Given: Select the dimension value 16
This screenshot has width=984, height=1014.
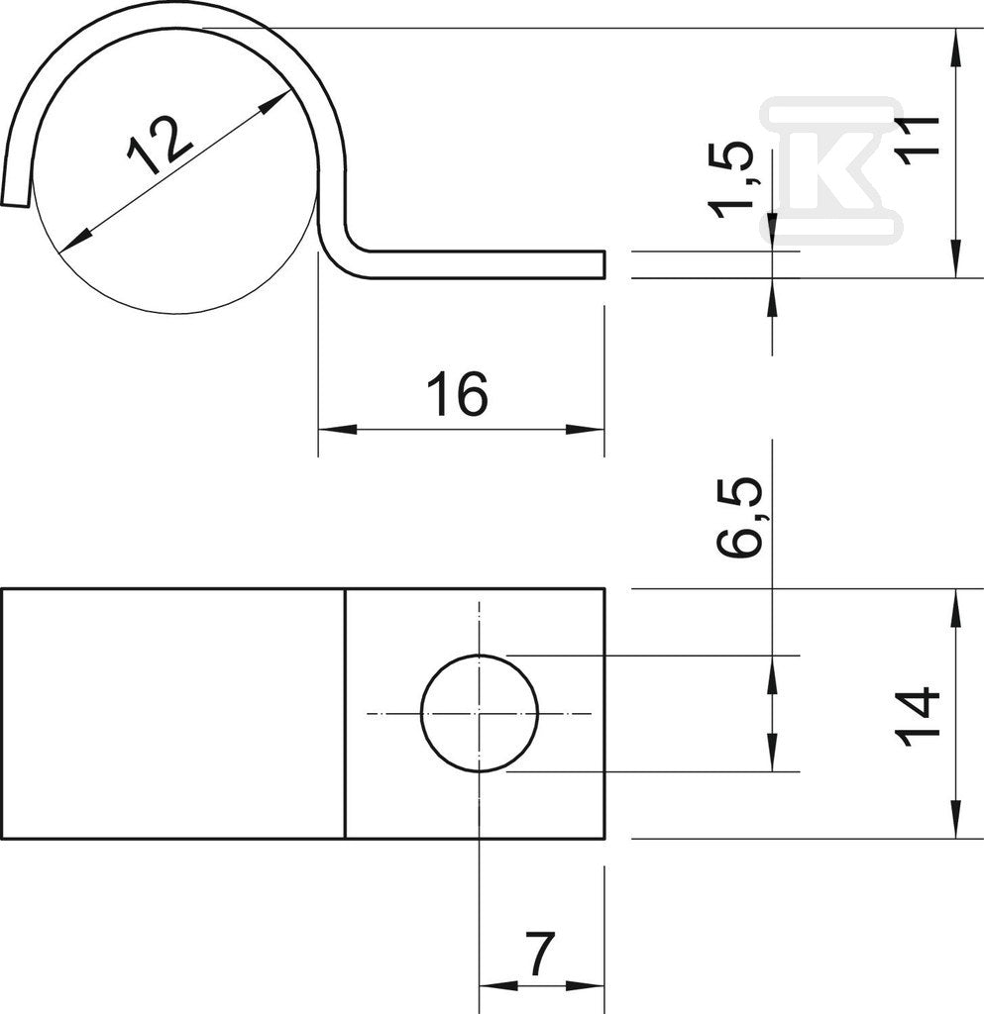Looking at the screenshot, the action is tap(457, 394).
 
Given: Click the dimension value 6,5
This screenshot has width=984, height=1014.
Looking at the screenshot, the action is tap(737, 517).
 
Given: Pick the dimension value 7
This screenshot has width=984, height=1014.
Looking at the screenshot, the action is tap(538, 954).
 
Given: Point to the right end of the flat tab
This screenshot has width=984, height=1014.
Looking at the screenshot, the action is tap(604, 265).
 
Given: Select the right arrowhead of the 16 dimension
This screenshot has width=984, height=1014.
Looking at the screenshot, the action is tap(585, 430).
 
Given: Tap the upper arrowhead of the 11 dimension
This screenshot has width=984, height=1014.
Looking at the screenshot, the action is tap(956, 48).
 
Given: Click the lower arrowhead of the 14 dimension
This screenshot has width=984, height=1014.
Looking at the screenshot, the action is tap(956, 819).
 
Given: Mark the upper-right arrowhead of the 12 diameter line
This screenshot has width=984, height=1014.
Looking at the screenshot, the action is tap(273, 103).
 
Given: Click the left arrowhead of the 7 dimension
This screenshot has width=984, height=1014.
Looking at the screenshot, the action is tap(498, 986).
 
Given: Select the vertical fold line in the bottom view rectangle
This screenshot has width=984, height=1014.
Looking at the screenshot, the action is tap(346, 713).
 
